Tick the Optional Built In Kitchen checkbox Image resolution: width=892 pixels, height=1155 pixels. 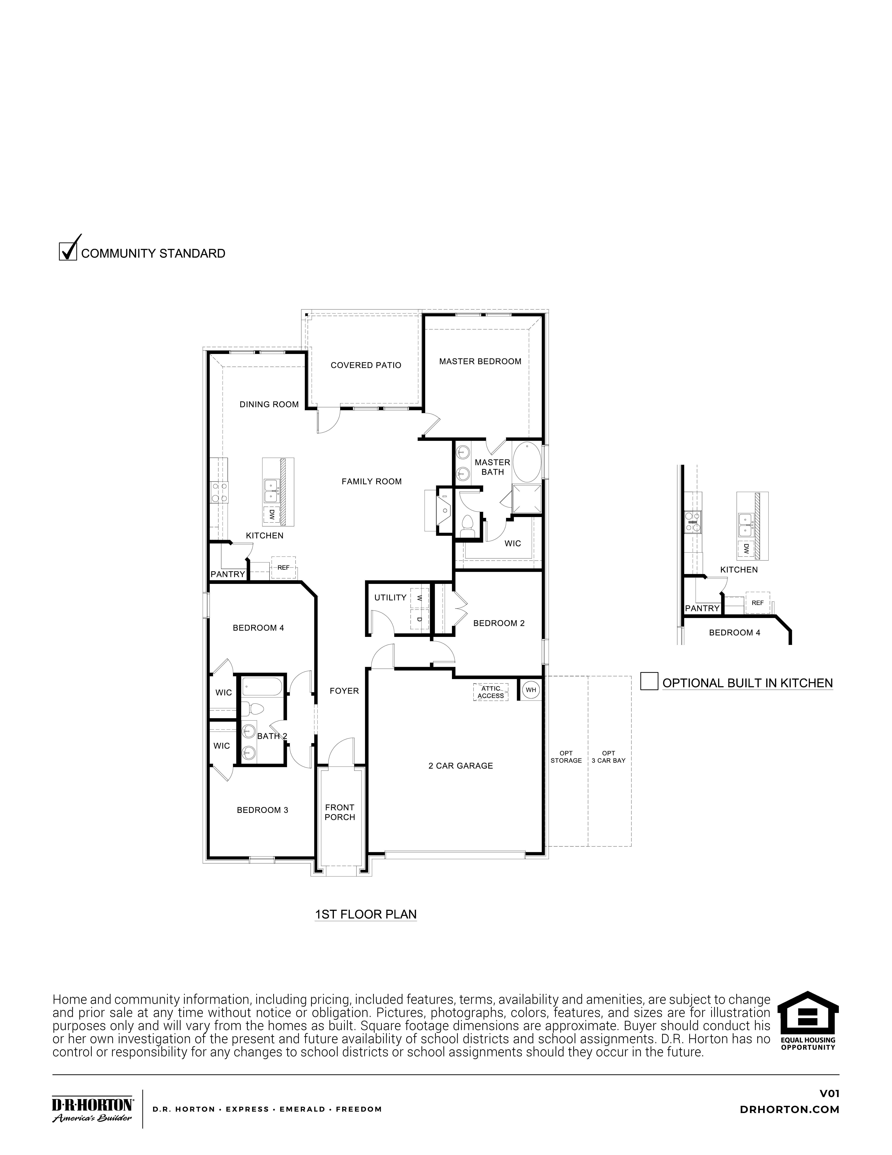[649, 681]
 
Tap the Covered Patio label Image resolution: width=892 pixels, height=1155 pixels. [366, 365]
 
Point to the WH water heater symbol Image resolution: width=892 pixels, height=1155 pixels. [530, 690]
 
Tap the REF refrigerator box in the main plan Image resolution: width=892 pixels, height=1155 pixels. [283, 567]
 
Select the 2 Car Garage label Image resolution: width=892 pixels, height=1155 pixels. [461, 765]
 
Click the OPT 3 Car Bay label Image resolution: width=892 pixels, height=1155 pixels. [608, 757]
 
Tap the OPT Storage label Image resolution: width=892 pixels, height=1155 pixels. [566, 757]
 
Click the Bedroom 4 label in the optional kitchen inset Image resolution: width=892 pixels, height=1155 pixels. [734, 633]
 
